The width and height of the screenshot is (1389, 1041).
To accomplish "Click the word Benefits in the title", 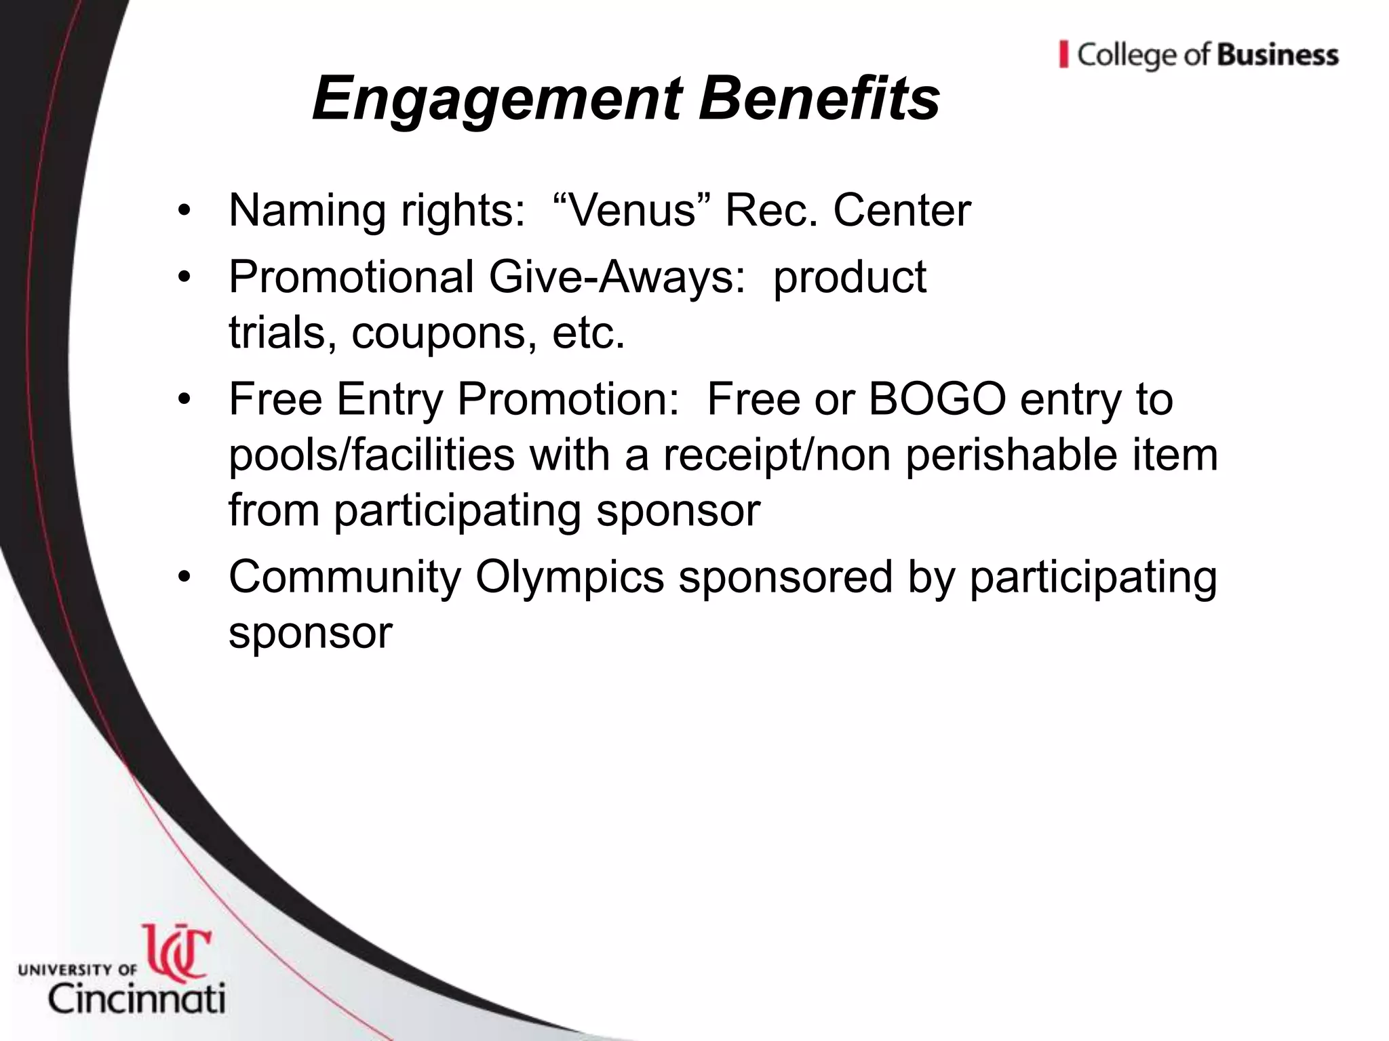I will click(819, 99).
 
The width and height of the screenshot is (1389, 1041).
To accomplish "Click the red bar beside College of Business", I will click(1063, 54).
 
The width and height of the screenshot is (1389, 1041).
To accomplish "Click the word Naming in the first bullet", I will click(308, 211).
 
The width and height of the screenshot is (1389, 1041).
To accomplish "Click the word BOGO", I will click(937, 399).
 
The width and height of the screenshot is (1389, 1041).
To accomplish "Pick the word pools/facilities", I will click(371, 455).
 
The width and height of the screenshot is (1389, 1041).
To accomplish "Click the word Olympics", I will click(570, 577).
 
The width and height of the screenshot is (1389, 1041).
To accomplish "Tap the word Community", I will click(345, 577).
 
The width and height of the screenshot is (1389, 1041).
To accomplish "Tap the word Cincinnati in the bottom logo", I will click(136, 999).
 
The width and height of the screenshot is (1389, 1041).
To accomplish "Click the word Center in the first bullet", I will click(902, 210).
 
